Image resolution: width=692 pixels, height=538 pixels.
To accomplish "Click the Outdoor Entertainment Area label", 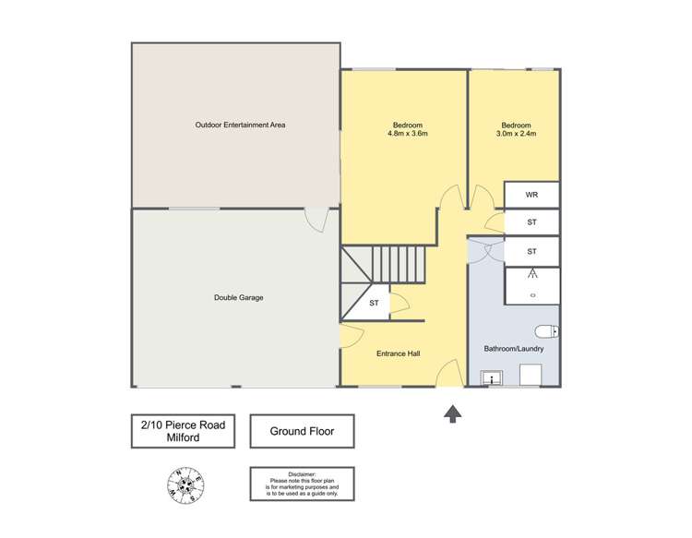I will tap(239, 125).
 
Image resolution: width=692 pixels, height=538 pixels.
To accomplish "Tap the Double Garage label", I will tap(239, 297).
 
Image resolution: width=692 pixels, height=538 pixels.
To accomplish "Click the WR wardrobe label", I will tap(531, 195).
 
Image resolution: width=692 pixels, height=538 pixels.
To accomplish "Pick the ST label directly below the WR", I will tap(531, 222).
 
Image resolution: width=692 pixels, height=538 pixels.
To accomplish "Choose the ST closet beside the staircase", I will tap(374, 303).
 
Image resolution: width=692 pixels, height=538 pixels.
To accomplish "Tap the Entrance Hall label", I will tap(399, 353).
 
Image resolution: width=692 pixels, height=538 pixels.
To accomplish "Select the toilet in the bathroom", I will tap(545, 331).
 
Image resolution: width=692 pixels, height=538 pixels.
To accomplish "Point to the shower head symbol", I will tap(532, 274).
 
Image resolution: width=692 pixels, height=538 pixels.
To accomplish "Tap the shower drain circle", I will tap(532, 295).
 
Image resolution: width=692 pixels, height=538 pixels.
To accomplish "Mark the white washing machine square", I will tap(531, 374).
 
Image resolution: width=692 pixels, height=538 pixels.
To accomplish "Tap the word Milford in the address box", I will tap(184, 437).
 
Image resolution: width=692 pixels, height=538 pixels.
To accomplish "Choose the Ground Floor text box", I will tap(302, 431).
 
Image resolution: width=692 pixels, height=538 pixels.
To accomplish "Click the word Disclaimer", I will tap(302, 472).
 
